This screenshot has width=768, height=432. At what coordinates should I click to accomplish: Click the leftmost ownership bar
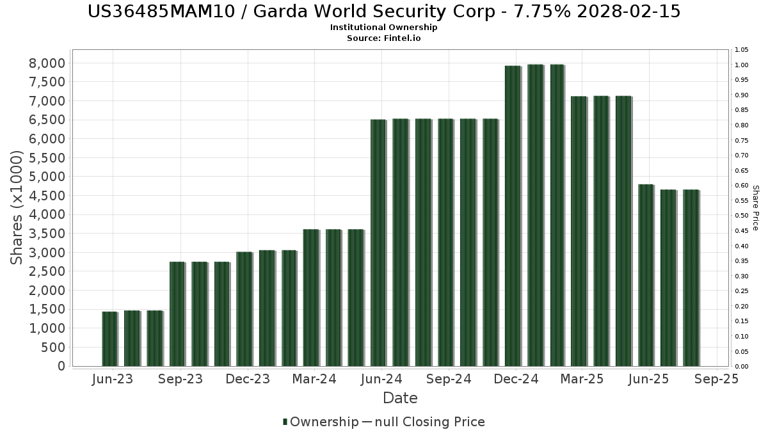[x=109, y=339]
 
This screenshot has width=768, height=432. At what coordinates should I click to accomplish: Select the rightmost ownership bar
[x=691, y=278]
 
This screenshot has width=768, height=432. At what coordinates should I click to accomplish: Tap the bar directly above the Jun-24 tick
[x=378, y=243]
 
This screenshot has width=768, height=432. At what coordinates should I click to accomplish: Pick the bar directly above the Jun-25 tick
[x=646, y=275]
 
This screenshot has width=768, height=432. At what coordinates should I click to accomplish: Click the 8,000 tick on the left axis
[x=47, y=63]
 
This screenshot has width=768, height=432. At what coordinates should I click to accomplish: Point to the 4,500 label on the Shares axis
[x=47, y=195]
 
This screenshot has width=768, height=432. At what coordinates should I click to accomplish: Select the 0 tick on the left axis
[x=61, y=366]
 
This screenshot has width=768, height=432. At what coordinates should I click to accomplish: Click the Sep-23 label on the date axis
[x=180, y=379]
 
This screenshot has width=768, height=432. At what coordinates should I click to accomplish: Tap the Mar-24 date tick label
[x=314, y=379]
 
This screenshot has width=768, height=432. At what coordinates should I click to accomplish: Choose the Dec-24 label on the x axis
[x=516, y=379]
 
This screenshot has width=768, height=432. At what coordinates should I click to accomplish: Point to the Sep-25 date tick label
[x=717, y=379]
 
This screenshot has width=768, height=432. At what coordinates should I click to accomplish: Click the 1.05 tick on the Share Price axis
[x=742, y=50]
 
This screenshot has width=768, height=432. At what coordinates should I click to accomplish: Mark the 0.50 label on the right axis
[x=742, y=216]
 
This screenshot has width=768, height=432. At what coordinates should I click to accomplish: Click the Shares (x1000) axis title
[x=17, y=207]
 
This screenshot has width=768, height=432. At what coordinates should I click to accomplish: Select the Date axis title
[x=400, y=398]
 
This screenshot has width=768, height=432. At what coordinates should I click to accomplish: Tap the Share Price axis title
[x=755, y=207]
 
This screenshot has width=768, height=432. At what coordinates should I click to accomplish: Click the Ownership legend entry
[x=321, y=422]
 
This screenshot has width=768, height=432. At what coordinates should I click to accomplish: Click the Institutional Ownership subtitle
[x=383, y=28]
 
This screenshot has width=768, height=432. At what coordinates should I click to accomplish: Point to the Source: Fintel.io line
[x=383, y=38]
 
